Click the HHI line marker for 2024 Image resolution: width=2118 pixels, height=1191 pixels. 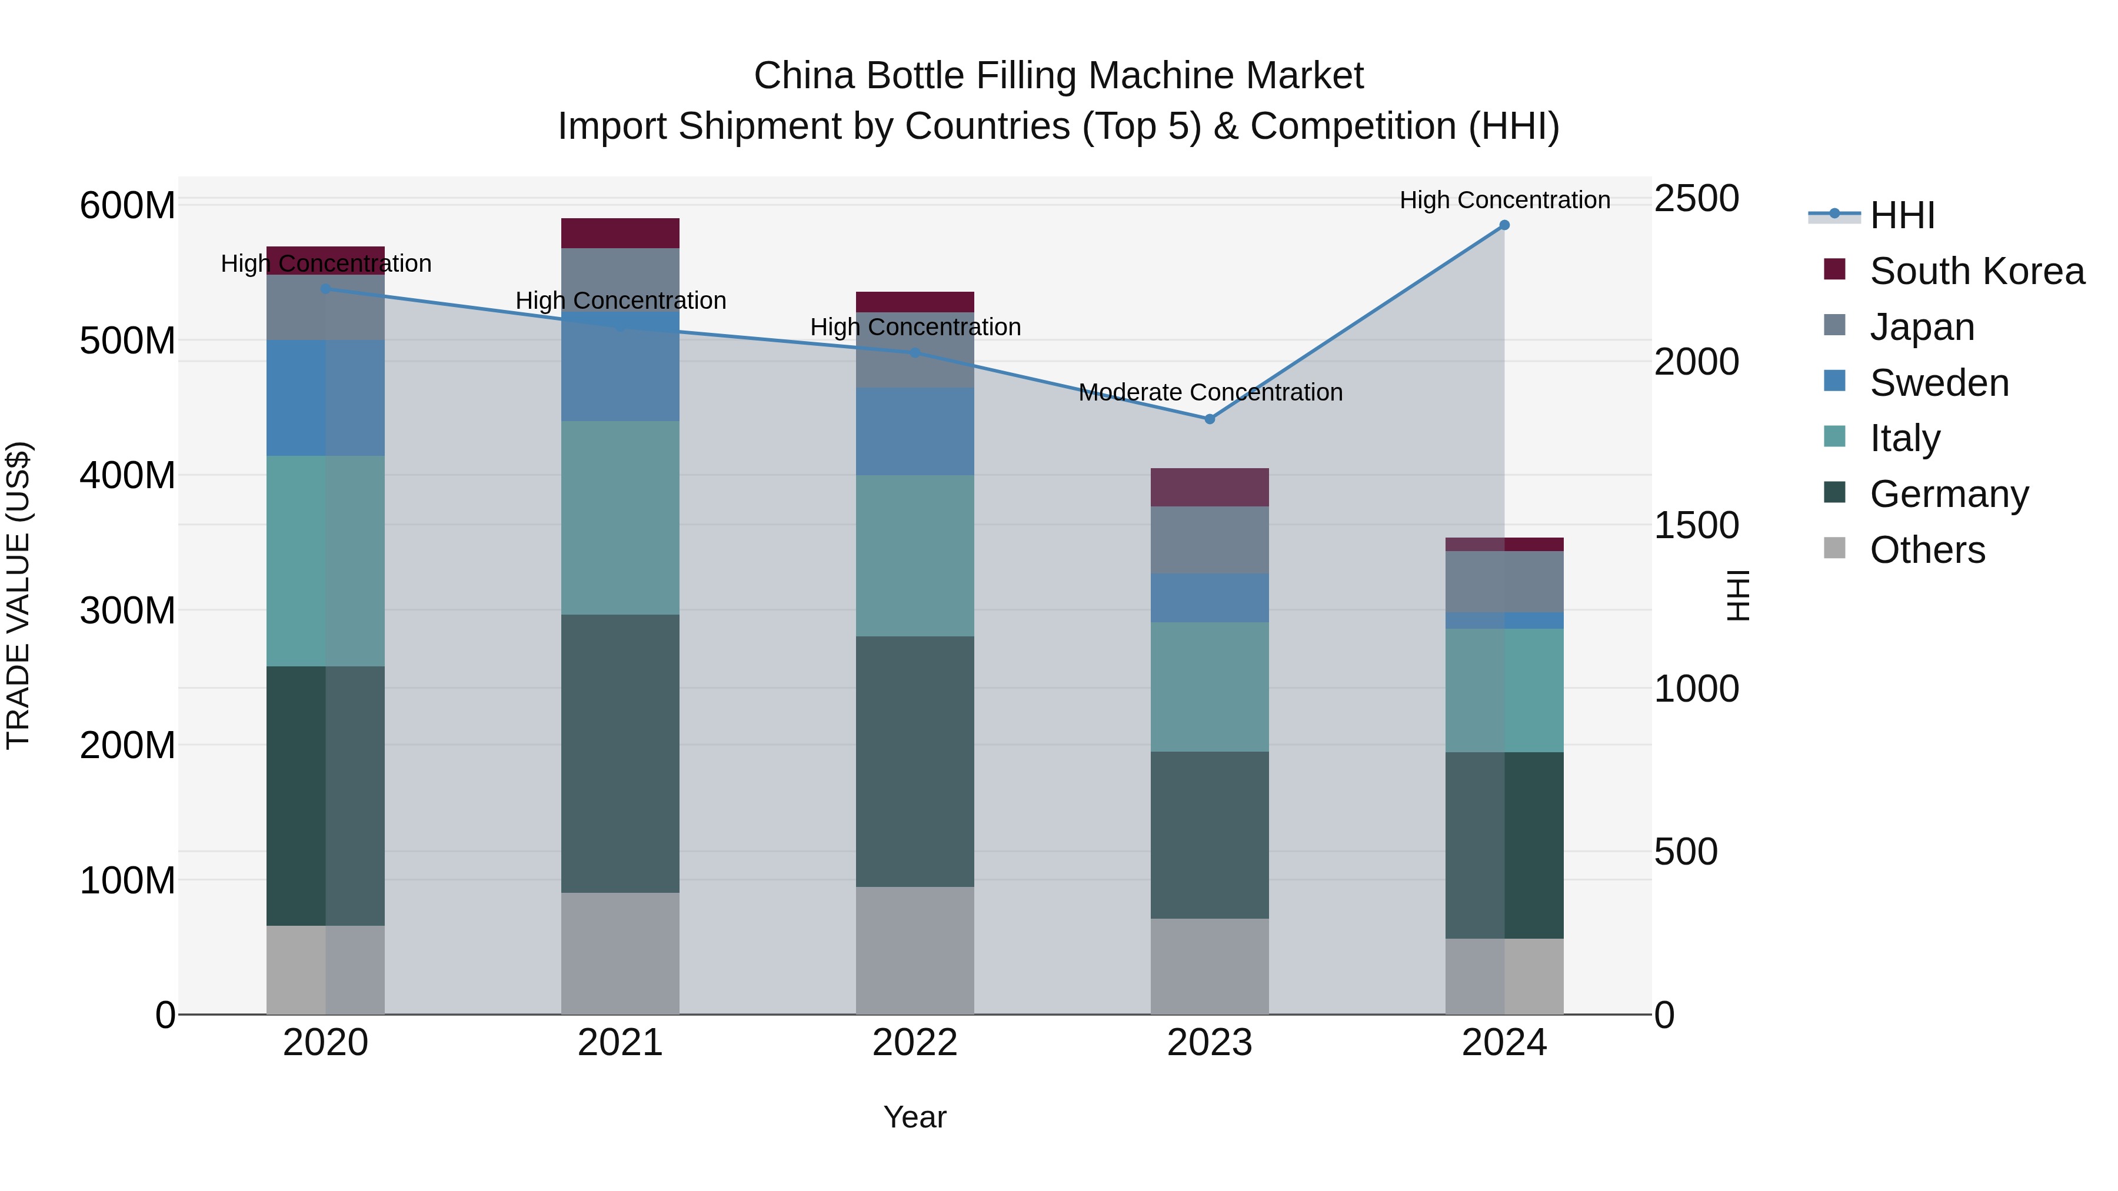point(1504,225)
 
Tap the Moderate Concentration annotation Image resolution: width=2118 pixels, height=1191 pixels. point(1210,393)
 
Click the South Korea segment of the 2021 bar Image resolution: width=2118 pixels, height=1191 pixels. point(620,233)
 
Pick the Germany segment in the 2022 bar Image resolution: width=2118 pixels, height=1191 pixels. point(914,761)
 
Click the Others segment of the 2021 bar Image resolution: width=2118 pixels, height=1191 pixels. point(620,953)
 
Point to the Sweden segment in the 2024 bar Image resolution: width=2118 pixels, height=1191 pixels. point(1504,620)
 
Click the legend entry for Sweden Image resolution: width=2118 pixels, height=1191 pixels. point(1939,383)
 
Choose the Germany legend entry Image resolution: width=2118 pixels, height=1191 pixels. point(1949,494)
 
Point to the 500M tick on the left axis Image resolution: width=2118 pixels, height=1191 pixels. point(128,341)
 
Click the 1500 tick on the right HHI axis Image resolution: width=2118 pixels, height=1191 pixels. point(1696,526)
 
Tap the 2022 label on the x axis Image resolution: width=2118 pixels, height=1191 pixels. point(914,1044)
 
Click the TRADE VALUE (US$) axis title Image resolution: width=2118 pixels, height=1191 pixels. point(18,595)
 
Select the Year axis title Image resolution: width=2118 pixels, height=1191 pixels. point(914,1118)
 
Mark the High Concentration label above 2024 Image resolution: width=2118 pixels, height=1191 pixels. point(1504,201)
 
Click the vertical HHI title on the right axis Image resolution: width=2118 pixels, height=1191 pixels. point(1737,595)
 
